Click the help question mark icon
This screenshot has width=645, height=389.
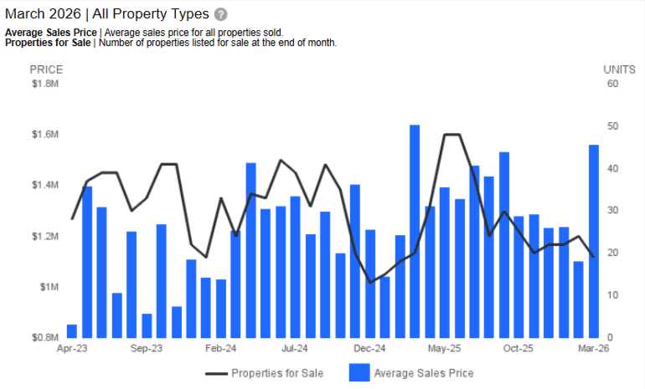tap(220, 15)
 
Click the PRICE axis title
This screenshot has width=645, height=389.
tap(46, 69)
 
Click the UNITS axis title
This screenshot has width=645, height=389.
tap(620, 69)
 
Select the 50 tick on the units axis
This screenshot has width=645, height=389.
tap(612, 126)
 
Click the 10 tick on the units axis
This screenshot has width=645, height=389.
tap(612, 295)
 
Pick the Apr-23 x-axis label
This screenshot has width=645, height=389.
tap(72, 349)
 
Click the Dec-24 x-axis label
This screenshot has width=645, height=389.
tap(369, 349)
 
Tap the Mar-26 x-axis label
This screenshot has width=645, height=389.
tap(593, 349)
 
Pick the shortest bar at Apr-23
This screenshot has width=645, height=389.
tap(72, 331)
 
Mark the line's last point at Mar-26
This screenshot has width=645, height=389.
tap(593, 256)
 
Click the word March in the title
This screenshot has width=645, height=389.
tap(26, 14)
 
